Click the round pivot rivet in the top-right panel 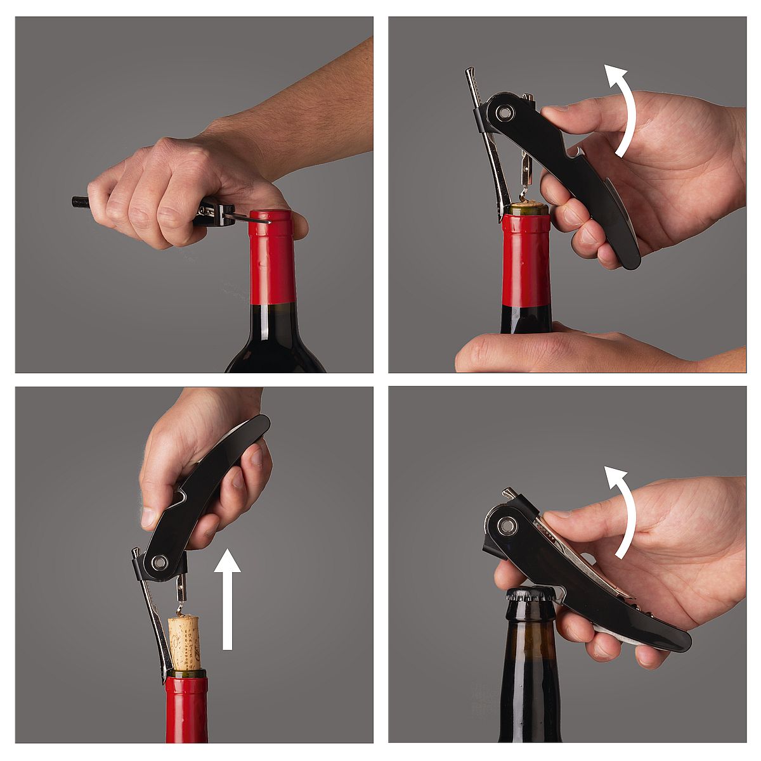(x=505, y=113)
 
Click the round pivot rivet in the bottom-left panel (x=160, y=561)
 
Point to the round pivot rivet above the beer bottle (x=506, y=525)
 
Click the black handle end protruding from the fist (x=81, y=203)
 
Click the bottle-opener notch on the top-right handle (x=571, y=153)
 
